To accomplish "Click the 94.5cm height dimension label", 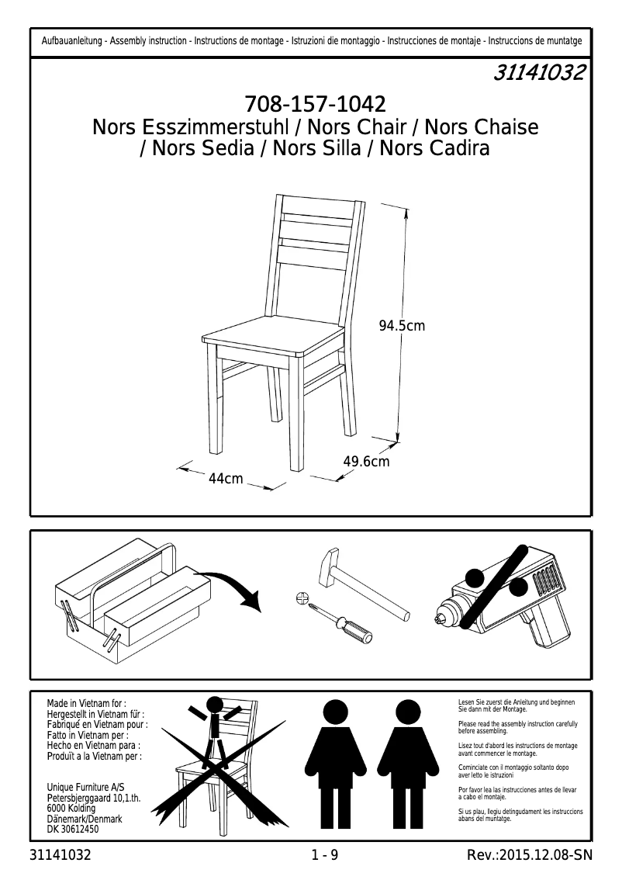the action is click(x=402, y=325).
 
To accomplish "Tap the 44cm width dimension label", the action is click(x=226, y=478).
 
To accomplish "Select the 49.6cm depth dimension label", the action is click(x=366, y=461).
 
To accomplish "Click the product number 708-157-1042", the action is click(x=315, y=105).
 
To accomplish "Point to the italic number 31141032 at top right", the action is click(x=538, y=72).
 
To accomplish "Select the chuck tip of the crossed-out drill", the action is click(x=439, y=619).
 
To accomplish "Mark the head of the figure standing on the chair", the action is click(x=214, y=705).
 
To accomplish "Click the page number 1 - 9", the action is click(x=325, y=855).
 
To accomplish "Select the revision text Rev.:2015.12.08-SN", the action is click(x=530, y=855).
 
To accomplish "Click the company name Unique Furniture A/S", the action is click(x=86, y=788).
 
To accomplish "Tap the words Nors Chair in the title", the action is click(x=357, y=127).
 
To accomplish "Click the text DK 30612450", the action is click(x=73, y=830).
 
